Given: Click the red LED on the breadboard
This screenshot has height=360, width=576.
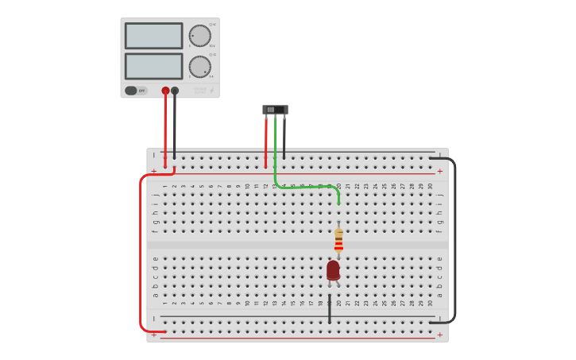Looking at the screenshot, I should coord(333,270).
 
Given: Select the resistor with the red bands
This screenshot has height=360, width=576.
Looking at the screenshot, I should coord(338,240).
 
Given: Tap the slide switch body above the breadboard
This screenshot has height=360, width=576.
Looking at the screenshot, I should coord(275,110).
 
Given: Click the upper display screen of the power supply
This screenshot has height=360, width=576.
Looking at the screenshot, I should coord(153,36).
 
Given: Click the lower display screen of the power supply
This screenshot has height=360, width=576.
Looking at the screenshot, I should coord(153,66).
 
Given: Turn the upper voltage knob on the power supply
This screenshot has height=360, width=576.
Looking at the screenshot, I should coord(199,36).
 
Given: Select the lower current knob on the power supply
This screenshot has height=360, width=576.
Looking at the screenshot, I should coord(199,67).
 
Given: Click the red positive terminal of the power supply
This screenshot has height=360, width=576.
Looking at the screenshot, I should coord(165,91).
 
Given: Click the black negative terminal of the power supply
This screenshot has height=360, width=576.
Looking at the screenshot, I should coord(175,91).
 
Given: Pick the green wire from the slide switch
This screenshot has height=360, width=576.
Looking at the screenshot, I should coord(306,187).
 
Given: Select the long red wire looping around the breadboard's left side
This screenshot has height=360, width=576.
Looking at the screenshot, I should coord(141,254).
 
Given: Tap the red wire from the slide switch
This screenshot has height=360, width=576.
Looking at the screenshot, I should coord(266,143).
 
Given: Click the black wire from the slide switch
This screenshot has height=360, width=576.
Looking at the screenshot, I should coord(284,139).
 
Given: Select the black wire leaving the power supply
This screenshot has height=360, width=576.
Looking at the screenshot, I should coord(175,127).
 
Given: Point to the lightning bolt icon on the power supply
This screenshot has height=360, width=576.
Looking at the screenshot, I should coord(211,91).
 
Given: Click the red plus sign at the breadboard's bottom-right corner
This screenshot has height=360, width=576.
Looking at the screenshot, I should coord(439,335).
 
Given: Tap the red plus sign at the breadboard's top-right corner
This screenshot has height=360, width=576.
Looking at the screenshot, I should coord(439,171).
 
